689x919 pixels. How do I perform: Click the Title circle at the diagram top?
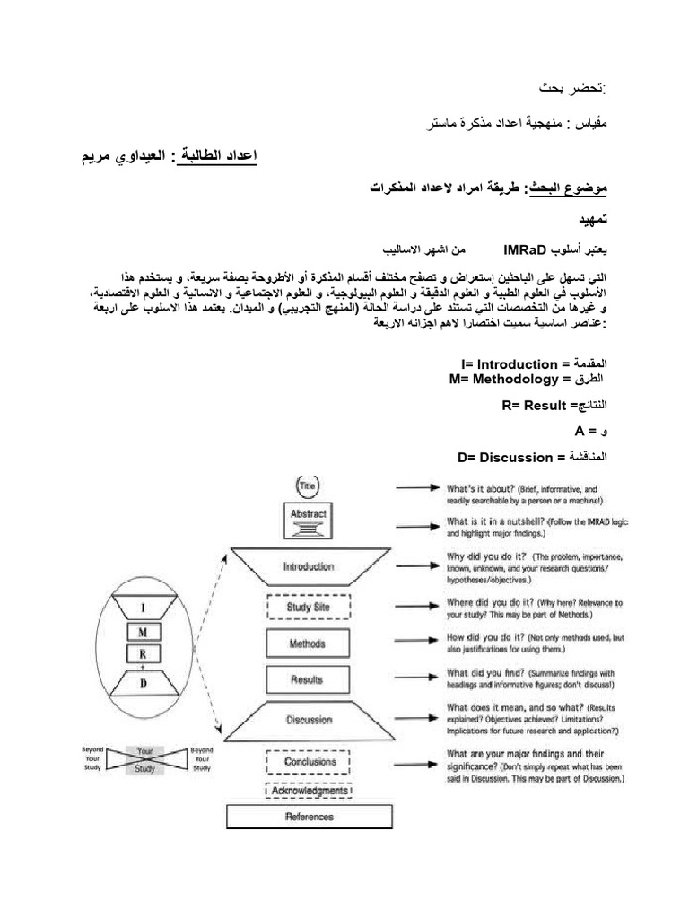pos(309,486)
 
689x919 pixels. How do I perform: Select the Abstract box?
pos(309,514)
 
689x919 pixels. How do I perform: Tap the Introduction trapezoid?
pos(309,566)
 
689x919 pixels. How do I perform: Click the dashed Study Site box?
pos(309,607)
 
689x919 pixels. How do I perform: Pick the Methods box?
pos(308,643)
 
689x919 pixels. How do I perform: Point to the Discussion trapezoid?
pos(309,719)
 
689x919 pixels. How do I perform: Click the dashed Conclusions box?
pos(309,762)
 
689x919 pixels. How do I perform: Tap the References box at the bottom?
pos(309,817)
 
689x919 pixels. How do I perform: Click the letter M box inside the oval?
pos(142,631)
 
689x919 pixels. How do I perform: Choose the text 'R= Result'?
pos(535,406)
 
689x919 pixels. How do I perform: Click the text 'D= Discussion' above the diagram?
pos(505,457)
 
